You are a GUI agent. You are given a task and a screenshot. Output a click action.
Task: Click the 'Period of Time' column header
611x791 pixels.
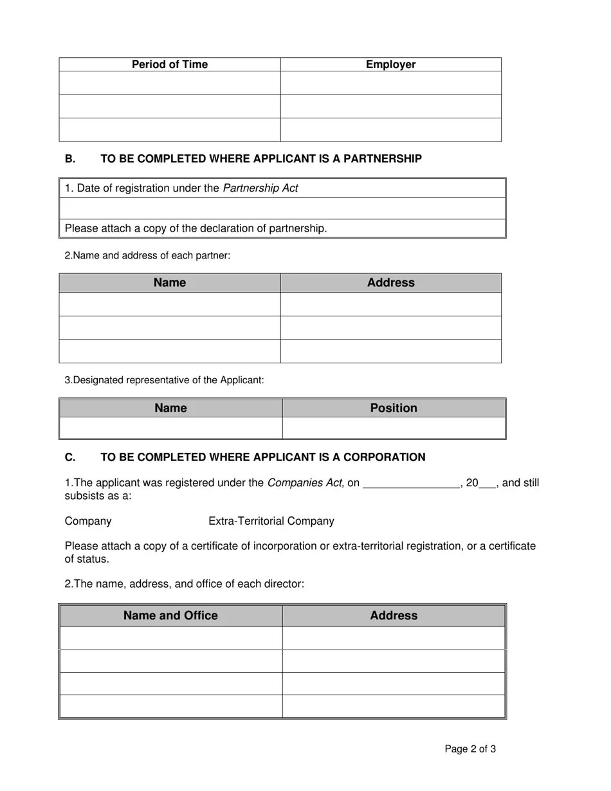(x=170, y=64)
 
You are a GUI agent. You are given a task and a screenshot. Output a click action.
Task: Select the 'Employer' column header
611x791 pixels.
(x=390, y=64)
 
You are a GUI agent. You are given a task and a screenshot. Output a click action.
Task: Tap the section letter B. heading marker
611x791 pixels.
(x=70, y=159)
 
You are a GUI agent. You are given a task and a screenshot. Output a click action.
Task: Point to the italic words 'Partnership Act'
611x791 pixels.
(x=260, y=188)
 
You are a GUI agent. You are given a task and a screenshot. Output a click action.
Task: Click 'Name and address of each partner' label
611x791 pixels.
(x=147, y=256)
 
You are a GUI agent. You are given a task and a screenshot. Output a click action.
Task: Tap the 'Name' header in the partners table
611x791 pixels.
(x=170, y=283)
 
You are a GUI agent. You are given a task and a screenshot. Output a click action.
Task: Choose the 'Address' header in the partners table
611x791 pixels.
(x=390, y=283)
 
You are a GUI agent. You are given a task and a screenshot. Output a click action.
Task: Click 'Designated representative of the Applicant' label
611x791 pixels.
(x=164, y=381)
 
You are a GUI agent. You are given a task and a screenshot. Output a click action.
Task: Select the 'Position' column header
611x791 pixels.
(x=394, y=408)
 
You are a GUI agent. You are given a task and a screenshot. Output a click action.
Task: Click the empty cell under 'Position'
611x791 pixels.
(x=394, y=428)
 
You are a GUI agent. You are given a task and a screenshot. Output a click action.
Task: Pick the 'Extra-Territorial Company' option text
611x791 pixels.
(x=271, y=521)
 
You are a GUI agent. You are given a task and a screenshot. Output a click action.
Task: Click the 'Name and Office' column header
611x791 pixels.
(x=170, y=615)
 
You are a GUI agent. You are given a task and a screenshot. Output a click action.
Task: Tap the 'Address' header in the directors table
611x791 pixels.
(x=394, y=615)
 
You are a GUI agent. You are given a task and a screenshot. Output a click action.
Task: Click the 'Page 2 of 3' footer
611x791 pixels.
(x=470, y=749)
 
